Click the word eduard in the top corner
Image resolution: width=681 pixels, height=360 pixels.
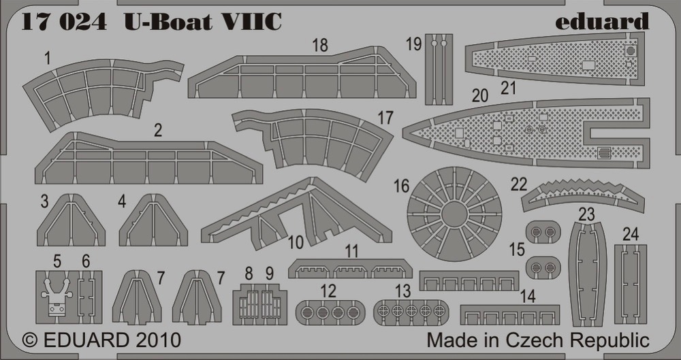[601, 22]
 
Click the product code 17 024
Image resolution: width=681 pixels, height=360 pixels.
[63, 22]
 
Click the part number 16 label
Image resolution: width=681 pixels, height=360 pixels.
[401, 186]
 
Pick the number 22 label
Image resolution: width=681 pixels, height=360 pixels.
[518, 184]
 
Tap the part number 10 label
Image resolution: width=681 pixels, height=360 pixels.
[296, 242]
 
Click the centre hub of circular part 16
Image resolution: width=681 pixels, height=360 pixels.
[454, 214]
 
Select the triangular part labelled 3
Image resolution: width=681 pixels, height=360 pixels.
[71, 220]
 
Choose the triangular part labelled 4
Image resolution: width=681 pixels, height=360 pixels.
[153, 220]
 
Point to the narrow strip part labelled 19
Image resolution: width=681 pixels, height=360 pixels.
[439, 69]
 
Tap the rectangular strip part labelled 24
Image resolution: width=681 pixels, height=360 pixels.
[631, 284]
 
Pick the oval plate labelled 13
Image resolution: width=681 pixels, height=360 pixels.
[411, 312]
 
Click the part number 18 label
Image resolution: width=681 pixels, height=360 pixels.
[320, 45]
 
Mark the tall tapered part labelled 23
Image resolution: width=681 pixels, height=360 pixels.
[587, 274]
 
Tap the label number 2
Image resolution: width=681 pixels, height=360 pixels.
[158, 130]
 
